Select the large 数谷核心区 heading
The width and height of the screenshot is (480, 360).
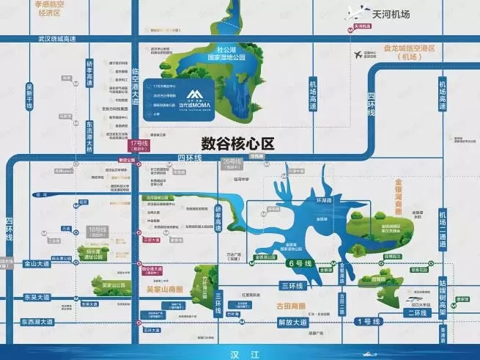[237, 144]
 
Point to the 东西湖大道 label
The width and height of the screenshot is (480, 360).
[37, 322]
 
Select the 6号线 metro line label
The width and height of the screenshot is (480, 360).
[300, 262]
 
